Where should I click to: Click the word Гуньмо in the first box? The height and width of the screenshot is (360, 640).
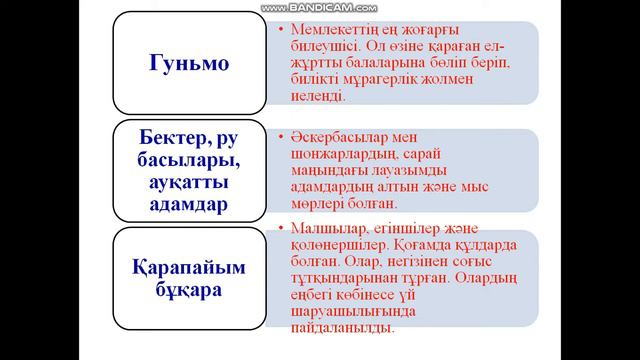[x=190, y=64]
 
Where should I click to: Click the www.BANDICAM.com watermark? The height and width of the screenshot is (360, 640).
[x=320, y=7]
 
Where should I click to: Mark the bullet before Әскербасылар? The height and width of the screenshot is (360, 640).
[x=283, y=136]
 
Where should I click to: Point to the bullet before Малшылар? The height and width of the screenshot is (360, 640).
[x=283, y=231]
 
